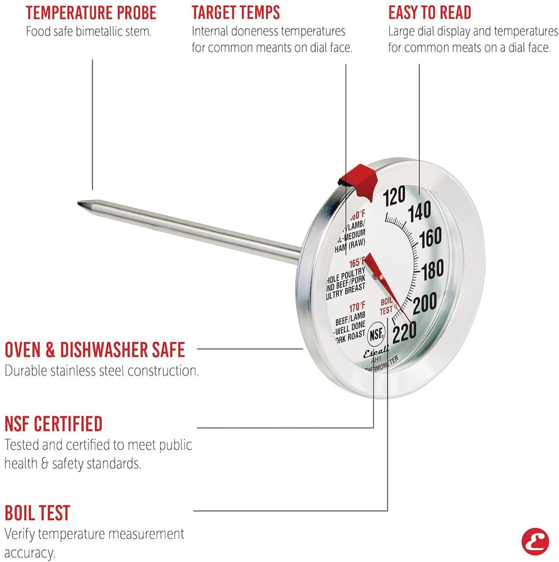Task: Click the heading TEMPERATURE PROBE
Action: click(x=91, y=13)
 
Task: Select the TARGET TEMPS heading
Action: click(x=236, y=13)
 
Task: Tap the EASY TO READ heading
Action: click(x=430, y=13)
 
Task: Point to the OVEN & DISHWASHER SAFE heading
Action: click(x=95, y=350)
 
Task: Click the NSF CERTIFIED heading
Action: click(x=54, y=424)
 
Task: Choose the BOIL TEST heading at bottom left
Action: click(x=38, y=513)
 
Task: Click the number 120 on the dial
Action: click(x=394, y=197)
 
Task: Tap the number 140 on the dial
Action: click(x=419, y=213)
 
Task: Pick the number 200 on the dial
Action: click(x=424, y=302)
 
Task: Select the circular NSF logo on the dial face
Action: click(x=377, y=333)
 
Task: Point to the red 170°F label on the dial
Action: click(x=356, y=306)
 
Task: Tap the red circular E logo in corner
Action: click(x=535, y=541)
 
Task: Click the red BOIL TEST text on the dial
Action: click(x=387, y=306)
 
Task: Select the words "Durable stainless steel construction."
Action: click(x=102, y=370)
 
